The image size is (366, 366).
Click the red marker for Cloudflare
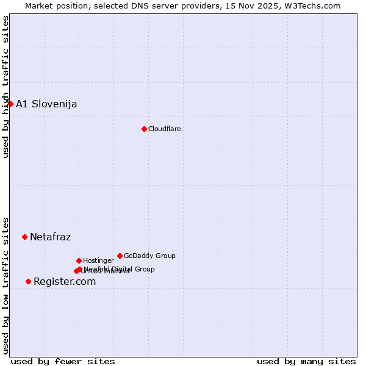click(144, 129)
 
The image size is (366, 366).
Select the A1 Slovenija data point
click(10, 104)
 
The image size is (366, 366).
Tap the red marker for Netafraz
click(24, 237)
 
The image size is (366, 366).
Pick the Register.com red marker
click(28, 281)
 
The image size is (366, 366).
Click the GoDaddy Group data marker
click(120, 256)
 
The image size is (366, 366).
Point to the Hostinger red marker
click(79, 260)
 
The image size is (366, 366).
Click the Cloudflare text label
click(164, 129)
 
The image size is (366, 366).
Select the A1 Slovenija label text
click(46, 104)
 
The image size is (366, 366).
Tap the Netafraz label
click(50, 237)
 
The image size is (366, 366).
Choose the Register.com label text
click(65, 281)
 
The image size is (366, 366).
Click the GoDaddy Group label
click(149, 256)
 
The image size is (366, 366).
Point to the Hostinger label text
click(98, 260)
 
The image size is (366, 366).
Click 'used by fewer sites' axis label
click(63, 361)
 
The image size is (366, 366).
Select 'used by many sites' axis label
click(306, 361)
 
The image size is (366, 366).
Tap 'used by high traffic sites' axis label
click(5, 87)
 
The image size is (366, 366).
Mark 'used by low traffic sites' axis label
click(5, 285)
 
